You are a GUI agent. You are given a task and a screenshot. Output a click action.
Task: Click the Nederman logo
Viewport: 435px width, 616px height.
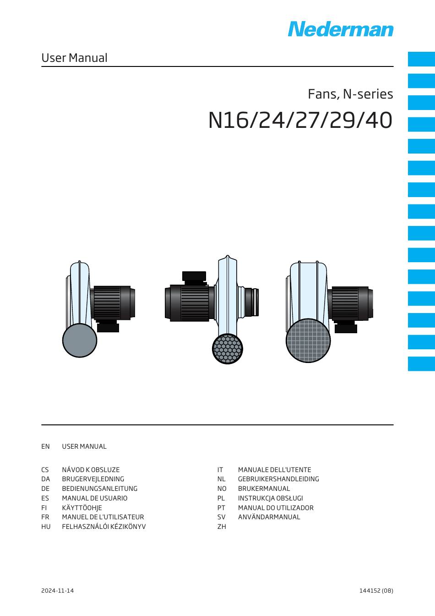[341, 29]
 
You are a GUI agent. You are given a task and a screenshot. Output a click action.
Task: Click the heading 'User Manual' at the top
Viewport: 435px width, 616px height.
[74, 58]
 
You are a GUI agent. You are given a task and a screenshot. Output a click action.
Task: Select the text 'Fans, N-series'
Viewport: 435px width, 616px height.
[350, 94]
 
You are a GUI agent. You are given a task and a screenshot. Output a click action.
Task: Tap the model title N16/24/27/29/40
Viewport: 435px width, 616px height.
[300, 120]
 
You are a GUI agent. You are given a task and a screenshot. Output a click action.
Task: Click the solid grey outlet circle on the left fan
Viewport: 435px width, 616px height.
[80, 340]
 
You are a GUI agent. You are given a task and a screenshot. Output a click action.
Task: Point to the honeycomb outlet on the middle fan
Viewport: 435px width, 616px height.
[228, 349]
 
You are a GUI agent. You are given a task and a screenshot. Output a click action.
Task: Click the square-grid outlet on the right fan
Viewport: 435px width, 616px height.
[308, 341]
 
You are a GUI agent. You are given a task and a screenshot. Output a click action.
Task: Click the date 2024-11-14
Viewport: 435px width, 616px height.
[57, 590]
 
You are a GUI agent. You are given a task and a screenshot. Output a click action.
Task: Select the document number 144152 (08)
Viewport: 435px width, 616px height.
[376, 590]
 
